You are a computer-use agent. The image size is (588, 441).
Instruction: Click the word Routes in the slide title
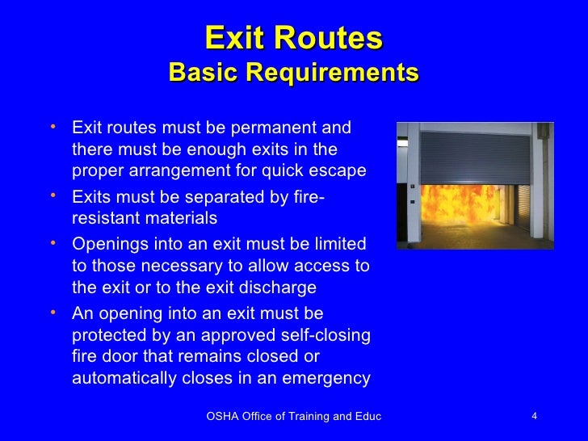pyautogui.click(x=338, y=38)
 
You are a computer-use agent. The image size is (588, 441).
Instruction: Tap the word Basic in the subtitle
pyautogui.click(x=203, y=73)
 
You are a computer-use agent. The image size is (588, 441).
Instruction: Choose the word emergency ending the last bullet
pyautogui.click(x=328, y=377)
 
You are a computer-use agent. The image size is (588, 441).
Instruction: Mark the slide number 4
pyautogui.click(x=535, y=416)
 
